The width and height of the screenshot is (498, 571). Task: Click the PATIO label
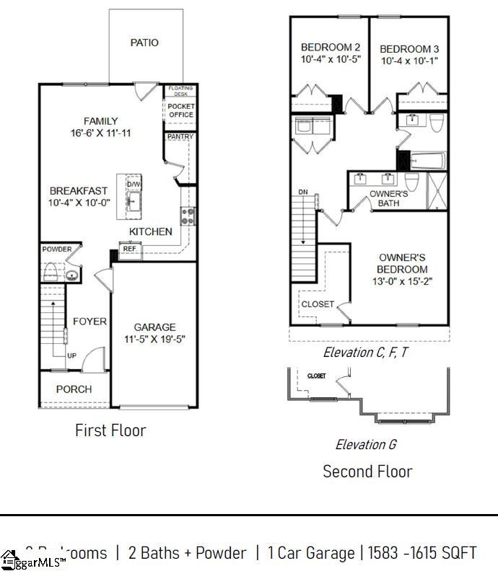pos(144,43)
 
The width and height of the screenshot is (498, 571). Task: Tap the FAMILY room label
pos(100,121)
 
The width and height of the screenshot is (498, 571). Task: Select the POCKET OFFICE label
pos(180,110)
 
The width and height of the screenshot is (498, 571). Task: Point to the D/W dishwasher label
pos(134,185)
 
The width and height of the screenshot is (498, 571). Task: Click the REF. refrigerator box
pos(130,249)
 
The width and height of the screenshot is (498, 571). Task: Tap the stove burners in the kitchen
pos(187,216)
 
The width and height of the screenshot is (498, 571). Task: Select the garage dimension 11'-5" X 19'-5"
pos(154,340)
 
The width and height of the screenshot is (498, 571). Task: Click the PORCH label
pos(74,389)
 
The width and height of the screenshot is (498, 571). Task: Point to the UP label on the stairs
pos(72,356)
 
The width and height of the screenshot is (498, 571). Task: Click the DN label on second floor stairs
pos(302,192)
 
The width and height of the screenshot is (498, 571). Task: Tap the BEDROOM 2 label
pos(331,48)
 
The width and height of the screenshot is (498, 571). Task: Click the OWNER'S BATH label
pos(388,198)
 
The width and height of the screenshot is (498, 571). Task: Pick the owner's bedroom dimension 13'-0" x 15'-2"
pos(402,282)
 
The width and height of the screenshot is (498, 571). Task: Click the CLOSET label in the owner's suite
pos(318,304)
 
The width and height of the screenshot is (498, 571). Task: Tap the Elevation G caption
pos(365,445)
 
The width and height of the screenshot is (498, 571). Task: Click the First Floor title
pos(110,430)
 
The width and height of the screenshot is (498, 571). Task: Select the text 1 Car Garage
pos(310,553)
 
